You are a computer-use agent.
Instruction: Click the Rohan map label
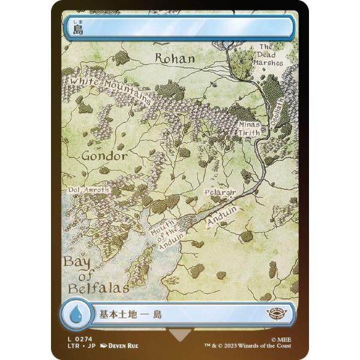pos(175,58)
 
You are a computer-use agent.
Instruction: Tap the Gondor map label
pos(104,156)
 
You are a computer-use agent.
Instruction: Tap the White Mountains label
pos(111,89)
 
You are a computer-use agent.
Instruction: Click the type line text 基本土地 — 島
pos(129,314)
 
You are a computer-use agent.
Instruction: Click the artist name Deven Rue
pos(128,347)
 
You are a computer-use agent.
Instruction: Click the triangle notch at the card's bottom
pos(179,335)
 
